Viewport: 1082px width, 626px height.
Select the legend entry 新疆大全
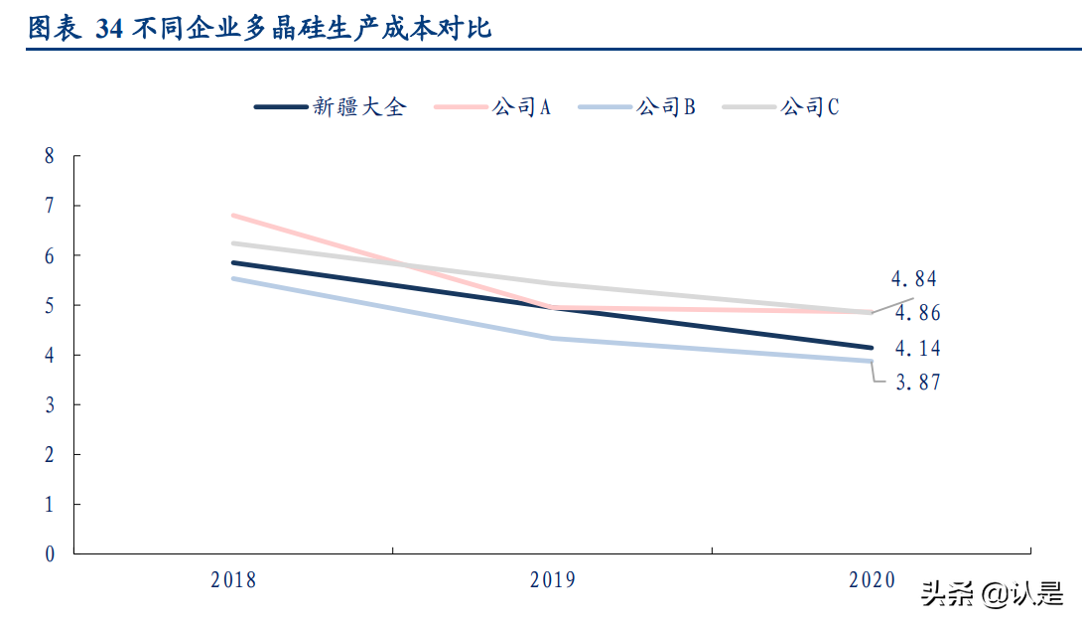(x=359, y=107)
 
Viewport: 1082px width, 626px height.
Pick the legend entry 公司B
(x=666, y=107)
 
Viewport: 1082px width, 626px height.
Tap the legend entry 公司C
(x=810, y=107)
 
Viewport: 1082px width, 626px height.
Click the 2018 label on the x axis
(x=233, y=580)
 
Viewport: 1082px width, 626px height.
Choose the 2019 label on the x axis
(x=553, y=580)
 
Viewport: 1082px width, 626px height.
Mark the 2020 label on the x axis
(x=872, y=580)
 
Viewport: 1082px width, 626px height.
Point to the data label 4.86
(x=917, y=314)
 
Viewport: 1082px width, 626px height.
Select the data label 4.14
(x=917, y=349)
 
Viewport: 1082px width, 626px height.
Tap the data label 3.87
(x=917, y=383)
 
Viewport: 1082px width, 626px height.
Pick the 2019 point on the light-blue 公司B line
(x=553, y=338)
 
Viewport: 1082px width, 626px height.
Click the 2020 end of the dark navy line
(x=871, y=348)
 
